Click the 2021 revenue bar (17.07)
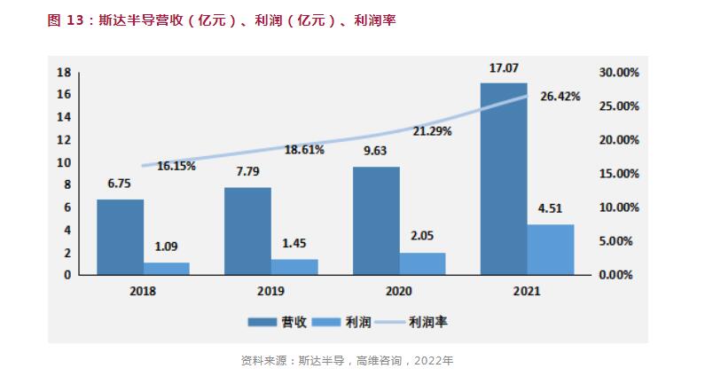(503, 178)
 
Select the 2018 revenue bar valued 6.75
(120, 237)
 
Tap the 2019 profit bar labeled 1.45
(294, 266)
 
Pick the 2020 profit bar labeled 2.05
(422, 263)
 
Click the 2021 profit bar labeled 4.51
(550, 249)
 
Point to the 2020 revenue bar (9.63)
(376, 221)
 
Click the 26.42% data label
(560, 96)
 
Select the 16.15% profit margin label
(176, 165)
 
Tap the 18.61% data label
(304, 150)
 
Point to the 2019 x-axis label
(271, 290)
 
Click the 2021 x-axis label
(526, 290)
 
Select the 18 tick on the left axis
(63, 72)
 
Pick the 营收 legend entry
(277, 323)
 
